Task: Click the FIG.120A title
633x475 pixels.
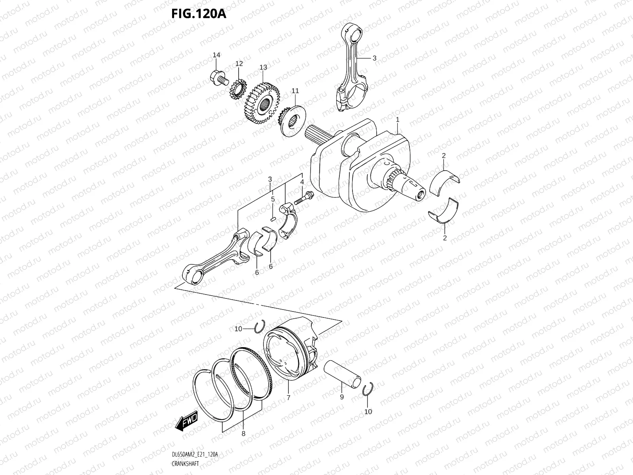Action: click(198, 14)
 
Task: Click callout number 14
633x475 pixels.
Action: click(216, 55)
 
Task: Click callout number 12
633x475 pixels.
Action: click(239, 63)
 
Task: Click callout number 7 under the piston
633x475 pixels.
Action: click(288, 398)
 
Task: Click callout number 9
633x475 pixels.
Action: click(342, 397)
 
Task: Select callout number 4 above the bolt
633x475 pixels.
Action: click(301, 182)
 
